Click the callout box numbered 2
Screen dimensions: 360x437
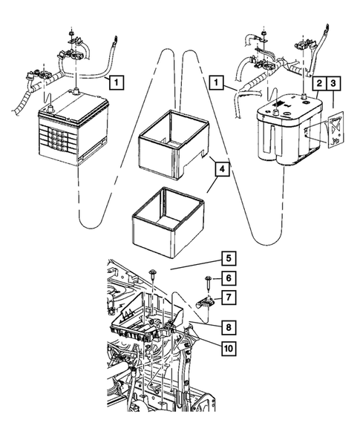coord(318,83)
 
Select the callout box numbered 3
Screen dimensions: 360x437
coord(333,83)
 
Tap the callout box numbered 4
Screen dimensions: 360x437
coord(222,169)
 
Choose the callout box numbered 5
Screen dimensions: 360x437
coord(229,258)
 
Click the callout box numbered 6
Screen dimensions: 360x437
coord(229,278)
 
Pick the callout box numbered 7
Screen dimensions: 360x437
coord(229,298)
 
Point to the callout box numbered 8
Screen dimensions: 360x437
coord(229,327)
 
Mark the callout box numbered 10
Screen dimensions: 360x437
coord(229,348)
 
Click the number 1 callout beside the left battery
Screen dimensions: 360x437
coord(117,82)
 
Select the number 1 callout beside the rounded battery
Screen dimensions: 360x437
coord(217,82)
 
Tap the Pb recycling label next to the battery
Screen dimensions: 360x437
coord(336,130)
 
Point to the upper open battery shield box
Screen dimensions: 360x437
coord(174,145)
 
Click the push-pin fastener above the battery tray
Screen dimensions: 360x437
coord(153,274)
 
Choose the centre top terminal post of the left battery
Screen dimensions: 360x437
coord(76,91)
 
